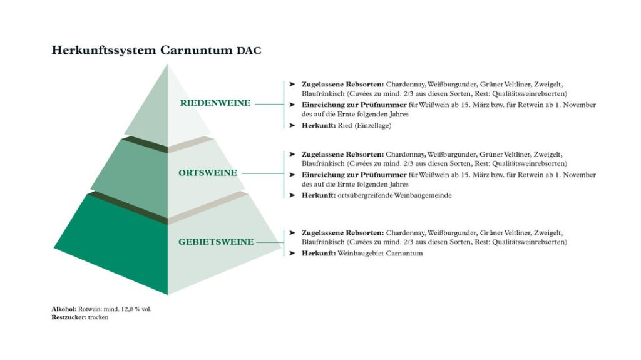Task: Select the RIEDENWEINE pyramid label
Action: [x=215, y=103]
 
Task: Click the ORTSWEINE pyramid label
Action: [x=208, y=173]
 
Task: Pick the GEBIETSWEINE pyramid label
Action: [x=217, y=242]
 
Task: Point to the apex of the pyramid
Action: [x=168, y=65]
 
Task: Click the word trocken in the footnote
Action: [x=98, y=317]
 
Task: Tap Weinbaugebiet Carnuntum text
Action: [x=380, y=254]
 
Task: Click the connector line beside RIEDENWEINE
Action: [x=269, y=104]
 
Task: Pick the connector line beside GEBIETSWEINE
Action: [x=270, y=242]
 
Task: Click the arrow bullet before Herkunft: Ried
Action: [x=292, y=126]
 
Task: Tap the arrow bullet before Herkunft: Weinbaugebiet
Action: [x=292, y=254]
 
